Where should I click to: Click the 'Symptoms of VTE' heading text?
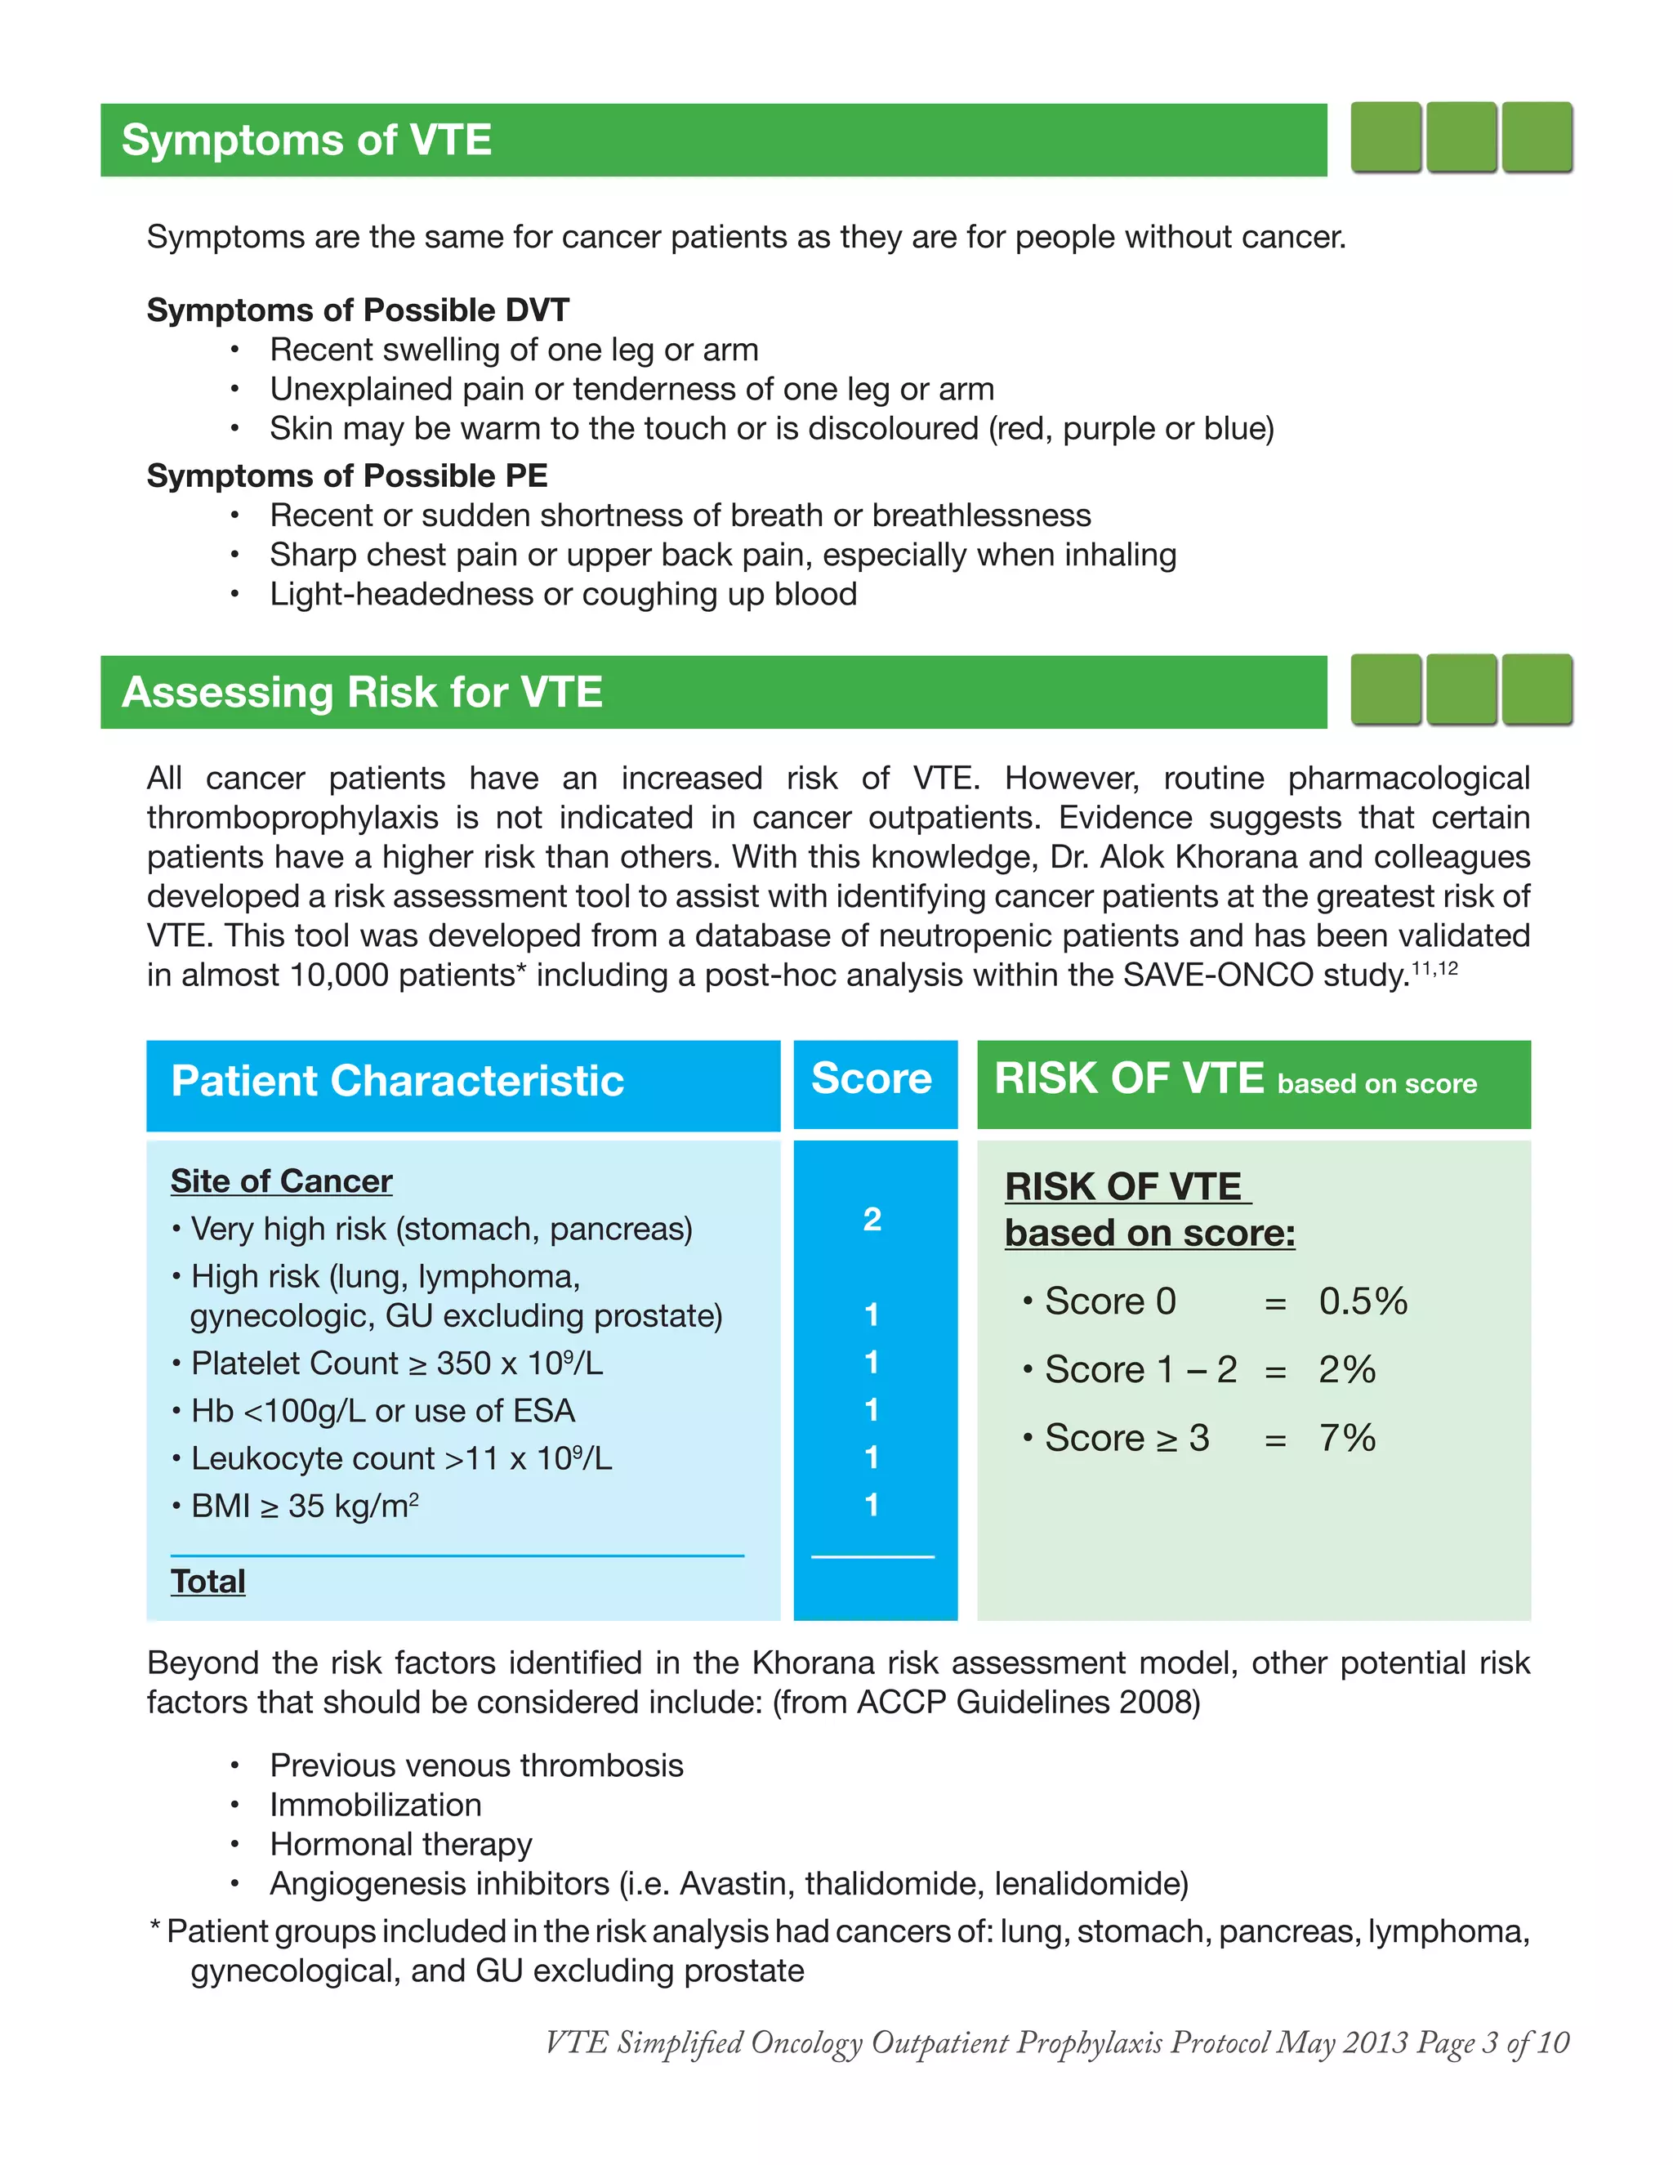pyautogui.click(x=306, y=140)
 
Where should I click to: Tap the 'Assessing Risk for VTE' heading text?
pyautogui.click(x=362, y=692)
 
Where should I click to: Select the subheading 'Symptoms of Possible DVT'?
pyautogui.click(x=358, y=310)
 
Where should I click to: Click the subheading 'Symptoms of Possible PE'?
pyautogui.click(x=347, y=475)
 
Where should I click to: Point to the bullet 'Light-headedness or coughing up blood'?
pyautogui.click(x=563, y=595)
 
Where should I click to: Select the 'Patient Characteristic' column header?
pyautogui.click(x=398, y=1082)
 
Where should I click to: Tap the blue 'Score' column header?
pyautogui.click(x=871, y=1078)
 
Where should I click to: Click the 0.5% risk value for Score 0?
pyautogui.click(x=1363, y=1301)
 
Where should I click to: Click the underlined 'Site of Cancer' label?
pyautogui.click(x=282, y=1181)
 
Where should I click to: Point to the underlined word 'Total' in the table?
pyautogui.click(x=208, y=1581)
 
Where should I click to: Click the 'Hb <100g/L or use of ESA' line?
pyautogui.click(x=382, y=1411)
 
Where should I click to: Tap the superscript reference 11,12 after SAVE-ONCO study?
pyautogui.click(x=1434, y=968)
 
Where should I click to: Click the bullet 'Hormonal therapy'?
pyautogui.click(x=400, y=1844)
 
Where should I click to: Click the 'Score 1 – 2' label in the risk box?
pyautogui.click(x=1140, y=1370)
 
